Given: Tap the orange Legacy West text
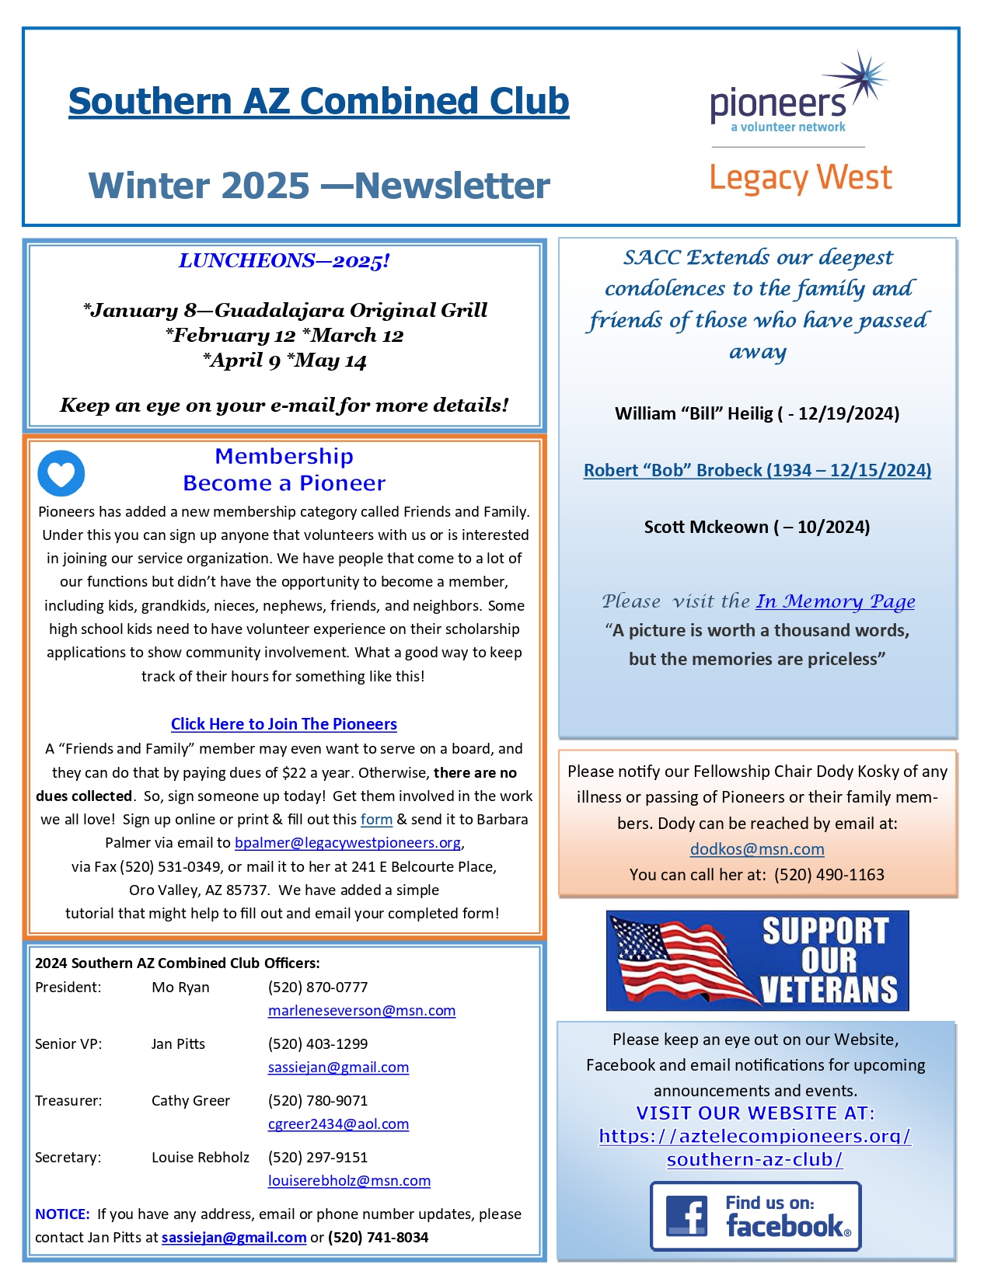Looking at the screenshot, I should point(801,178).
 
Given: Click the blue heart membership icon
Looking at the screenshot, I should point(61,473).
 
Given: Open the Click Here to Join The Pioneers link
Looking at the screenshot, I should point(284,724).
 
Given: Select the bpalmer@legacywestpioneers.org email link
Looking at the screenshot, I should point(348,843).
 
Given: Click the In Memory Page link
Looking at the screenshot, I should point(836,601).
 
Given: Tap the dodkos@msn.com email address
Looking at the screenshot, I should point(757,849).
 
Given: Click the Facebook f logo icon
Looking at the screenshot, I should point(687,1216).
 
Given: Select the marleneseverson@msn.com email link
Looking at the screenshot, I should point(361,1011).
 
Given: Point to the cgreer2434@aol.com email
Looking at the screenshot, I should point(338,1124).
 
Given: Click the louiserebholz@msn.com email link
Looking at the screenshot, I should point(349,1181).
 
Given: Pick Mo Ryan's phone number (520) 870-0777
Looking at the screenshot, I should point(318,988).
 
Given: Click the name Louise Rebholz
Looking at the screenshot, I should point(201,1158).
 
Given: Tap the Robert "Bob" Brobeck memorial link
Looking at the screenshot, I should point(757,470).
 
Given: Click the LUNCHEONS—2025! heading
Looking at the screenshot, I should point(284,261).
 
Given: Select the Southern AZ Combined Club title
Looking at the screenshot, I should point(319,101).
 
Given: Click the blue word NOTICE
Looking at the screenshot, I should point(62,1214).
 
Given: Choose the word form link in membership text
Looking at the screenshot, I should point(376,820).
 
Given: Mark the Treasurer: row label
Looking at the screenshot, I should point(68,1101).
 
